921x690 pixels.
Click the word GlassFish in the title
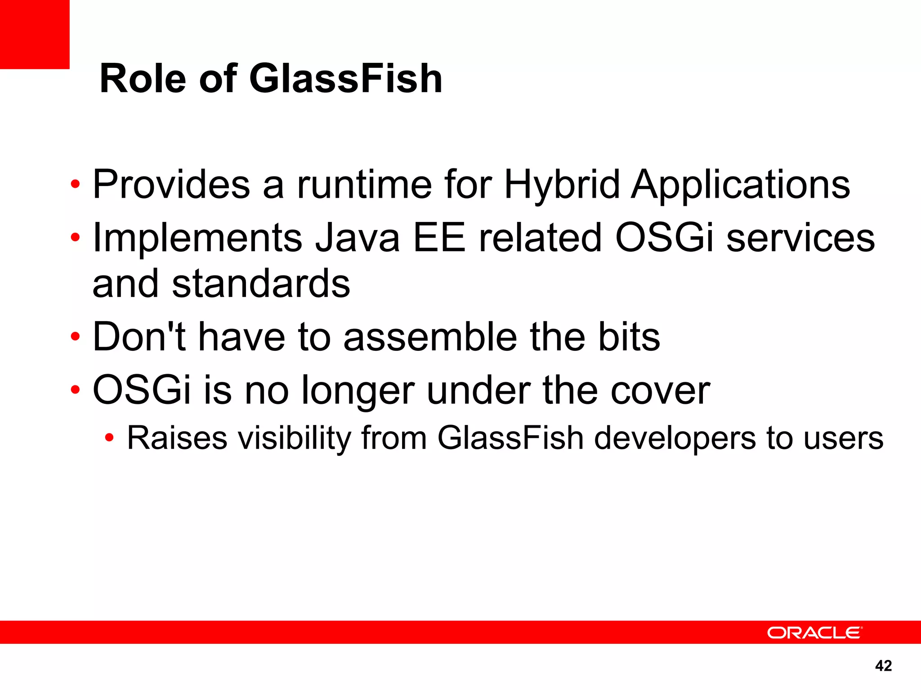[x=345, y=79]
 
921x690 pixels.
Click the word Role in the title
[x=143, y=79]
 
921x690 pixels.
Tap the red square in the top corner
[x=34, y=34]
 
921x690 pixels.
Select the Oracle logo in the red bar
[x=814, y=632]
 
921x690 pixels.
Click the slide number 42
[x=883, y=665]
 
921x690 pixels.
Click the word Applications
[x=740, y=185]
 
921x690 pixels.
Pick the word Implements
[x=197, y=239]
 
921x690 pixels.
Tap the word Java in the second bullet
[x=357, y=238]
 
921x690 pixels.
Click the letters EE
[x=439, y=238]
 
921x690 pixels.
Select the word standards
[x=261, y=284]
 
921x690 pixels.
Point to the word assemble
[x=430, y=337]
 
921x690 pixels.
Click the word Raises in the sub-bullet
[x=177, y=438]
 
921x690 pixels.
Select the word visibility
[x=294, y=438]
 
